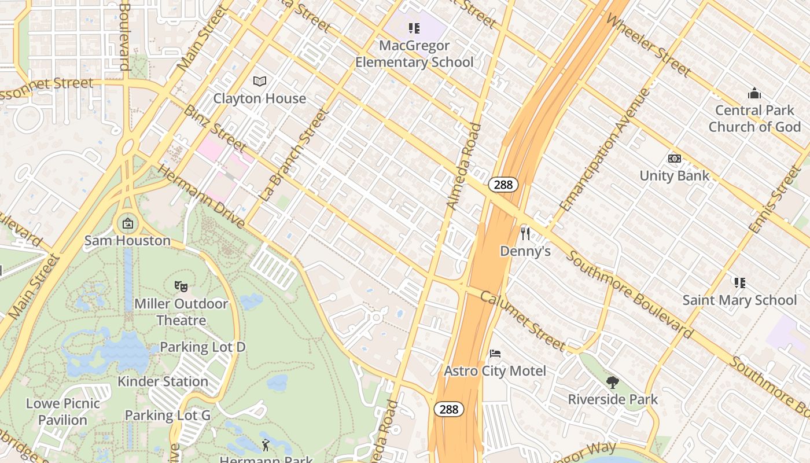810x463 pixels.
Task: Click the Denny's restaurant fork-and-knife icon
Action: tap(525, 233)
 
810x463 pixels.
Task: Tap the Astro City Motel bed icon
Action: tap(495, 354)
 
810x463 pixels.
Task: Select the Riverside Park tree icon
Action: tap(613, 382)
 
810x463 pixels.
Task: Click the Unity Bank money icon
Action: tap(674, 159)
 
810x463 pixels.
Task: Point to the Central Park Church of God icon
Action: tap(754, 93)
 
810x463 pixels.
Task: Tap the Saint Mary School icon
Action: tap(739, 282)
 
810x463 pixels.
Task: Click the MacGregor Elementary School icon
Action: tap(414, 28)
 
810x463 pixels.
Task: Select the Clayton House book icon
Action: tap(260, 82)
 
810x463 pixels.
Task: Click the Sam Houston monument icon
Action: tap(127, 223)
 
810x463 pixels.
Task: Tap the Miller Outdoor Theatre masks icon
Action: tap(181, 286)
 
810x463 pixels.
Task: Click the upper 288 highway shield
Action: tap(503, 185)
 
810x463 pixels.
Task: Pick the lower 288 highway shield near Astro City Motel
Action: tap(448, 409)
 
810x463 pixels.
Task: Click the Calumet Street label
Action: tap(522, 321)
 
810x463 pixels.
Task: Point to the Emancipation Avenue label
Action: tap(605, 149)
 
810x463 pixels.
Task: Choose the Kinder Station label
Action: tap(163, 381)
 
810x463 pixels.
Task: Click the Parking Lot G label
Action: tap(168, 415)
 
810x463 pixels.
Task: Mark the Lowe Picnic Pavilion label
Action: tap(63, 411)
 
